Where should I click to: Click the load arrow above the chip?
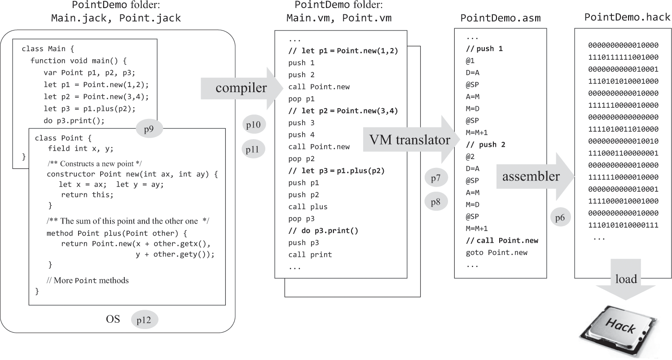click(626, 283)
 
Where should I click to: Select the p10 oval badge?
click(254, 124)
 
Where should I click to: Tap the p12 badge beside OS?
click(145, 320)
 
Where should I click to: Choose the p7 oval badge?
click(436, 179)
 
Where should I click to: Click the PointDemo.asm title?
click(500, 18)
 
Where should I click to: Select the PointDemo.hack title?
click(624, 17)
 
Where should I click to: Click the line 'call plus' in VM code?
click(308, 207)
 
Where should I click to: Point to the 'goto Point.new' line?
click(497, 252)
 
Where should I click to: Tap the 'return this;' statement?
click(88, 194)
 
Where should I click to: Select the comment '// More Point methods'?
click(88, 281)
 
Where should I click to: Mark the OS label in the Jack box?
click(113, 320)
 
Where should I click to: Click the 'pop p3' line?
click(302, 219)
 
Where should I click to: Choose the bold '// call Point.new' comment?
click(502, 241)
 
